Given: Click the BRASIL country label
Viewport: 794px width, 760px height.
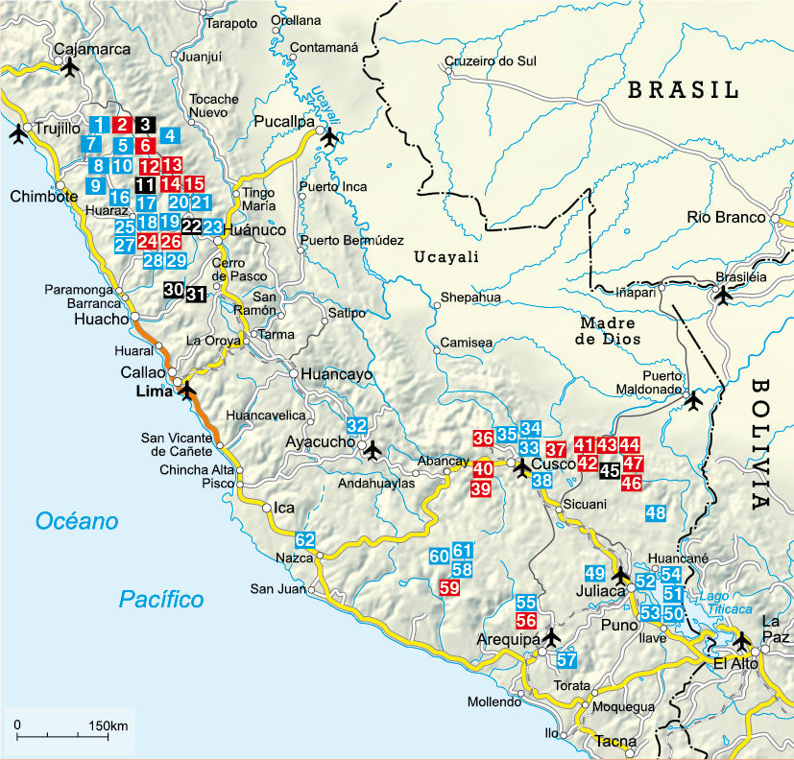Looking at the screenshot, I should (x=682, y=91).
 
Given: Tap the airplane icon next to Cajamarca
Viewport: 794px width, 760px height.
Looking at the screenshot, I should (x=69, y=67).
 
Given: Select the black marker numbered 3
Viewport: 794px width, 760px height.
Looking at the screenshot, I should (x=144, y=124).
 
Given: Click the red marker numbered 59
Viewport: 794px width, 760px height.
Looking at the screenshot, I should (x=448, y=588).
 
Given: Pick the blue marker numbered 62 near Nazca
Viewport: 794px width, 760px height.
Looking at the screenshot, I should (x=305, y=539).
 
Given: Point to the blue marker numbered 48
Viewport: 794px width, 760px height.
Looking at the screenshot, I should (x=656, y=512).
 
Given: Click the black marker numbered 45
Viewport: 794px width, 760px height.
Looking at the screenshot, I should (x=610, y=471).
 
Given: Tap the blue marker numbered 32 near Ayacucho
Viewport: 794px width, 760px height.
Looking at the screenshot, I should (x=357, y=425).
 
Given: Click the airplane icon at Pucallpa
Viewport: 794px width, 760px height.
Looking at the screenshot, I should (x=329, y=137).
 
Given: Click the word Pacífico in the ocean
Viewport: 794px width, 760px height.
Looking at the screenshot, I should (x=161, y=600).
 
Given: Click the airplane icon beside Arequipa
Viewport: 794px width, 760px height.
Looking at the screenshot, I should (x=550, y=636).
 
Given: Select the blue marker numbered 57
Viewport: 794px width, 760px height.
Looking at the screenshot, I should (x=566, y=660).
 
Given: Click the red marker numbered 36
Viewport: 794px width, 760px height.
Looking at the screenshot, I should (x=483, y=439).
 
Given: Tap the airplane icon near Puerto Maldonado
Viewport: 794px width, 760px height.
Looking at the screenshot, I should (x=694, y=401).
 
